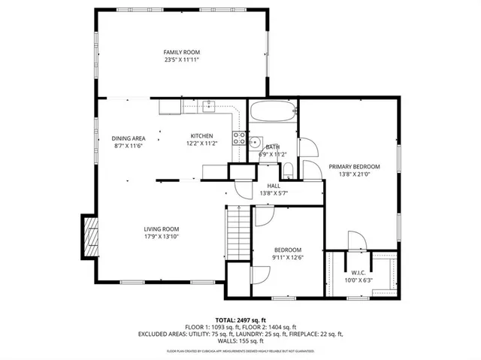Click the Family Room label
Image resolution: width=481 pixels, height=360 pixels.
point(182,52)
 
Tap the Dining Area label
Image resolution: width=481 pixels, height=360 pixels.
point(129,138)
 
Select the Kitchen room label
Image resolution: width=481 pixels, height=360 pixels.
point(201,135)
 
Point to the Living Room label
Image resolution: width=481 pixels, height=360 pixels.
point(162,229)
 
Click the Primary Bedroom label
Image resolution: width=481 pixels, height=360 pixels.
point(354,166)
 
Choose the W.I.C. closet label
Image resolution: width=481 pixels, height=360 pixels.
point(358,272)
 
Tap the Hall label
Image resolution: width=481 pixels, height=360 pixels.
point(274,186)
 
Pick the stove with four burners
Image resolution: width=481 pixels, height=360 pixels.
point(240,138)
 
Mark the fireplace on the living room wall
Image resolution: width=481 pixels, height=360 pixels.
point(91,235)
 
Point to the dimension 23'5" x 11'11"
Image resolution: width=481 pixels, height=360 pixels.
point(182,59)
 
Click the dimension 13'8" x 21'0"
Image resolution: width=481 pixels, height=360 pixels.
point(354,174)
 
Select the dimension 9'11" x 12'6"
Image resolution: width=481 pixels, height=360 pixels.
point(287,258)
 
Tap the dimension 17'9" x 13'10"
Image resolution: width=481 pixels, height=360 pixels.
point(162,237)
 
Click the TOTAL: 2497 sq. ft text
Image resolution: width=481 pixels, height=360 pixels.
point(240,319)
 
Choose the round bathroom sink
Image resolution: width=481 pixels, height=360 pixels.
point(256,141)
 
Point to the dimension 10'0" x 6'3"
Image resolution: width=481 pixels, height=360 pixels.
point(358,280)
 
